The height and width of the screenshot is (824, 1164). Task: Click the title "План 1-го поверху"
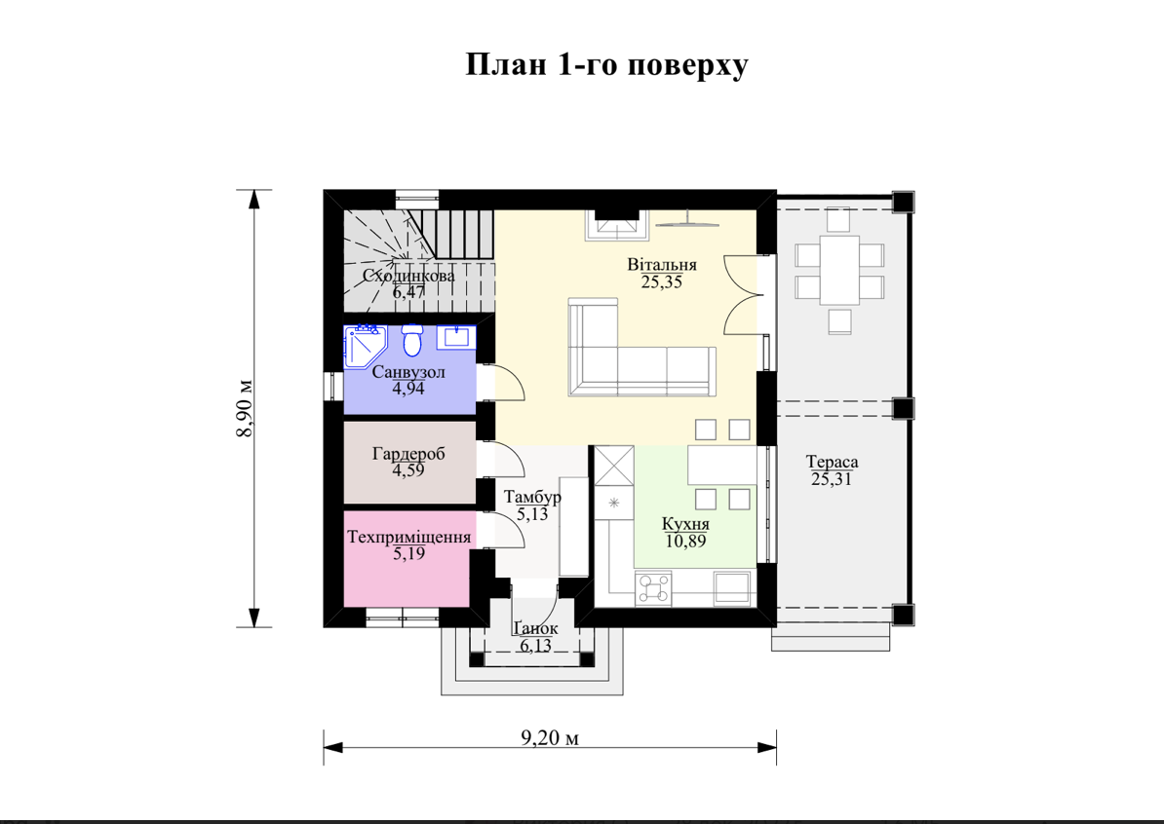(606, 65)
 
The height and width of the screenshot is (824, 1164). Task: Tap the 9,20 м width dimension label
(550, 737)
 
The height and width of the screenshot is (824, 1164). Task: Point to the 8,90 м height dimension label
(245, 409)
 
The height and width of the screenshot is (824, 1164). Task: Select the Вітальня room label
(661, 265)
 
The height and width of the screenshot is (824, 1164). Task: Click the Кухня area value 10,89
(685, 541)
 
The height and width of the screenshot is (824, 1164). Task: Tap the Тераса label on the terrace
(833, 462)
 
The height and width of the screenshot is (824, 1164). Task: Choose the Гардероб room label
(409, 453)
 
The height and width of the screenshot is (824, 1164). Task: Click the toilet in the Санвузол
(411, 341)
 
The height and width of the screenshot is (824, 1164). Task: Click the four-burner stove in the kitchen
(653, 589)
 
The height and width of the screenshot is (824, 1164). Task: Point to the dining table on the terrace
(839, 270)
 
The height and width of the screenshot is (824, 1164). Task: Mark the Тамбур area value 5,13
(532, 513)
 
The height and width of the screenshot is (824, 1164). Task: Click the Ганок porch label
(535, 628)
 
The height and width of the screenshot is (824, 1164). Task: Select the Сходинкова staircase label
(409, 276)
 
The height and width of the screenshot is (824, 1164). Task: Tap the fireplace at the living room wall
(618, 225)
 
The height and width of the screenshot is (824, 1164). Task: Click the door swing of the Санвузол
(509, 383)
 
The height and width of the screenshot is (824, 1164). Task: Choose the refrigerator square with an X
(615, 466)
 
